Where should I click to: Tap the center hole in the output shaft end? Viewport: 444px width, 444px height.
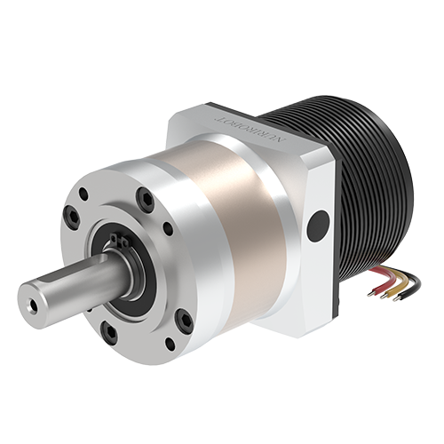33,302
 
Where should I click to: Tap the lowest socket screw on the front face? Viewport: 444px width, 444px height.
107,334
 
